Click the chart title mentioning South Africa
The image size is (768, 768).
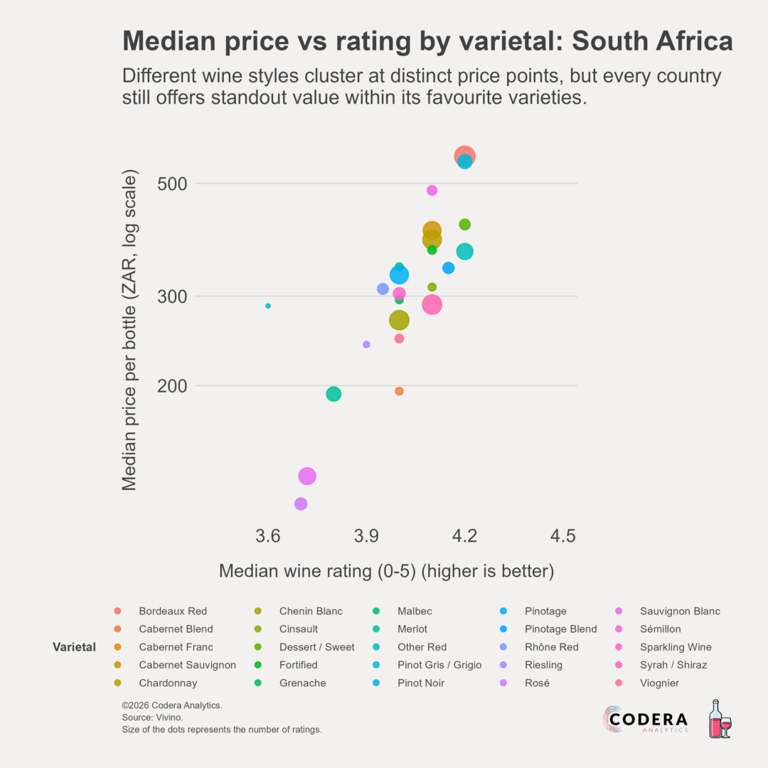427,41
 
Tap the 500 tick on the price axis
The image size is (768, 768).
171,183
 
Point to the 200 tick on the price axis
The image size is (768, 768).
171,386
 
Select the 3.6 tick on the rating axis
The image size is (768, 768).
268,535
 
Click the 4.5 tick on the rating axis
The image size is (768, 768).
562,535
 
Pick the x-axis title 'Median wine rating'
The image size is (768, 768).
386,571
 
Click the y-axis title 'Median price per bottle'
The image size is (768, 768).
129,330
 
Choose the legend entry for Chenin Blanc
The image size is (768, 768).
311,611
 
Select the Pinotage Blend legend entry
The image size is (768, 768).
560,629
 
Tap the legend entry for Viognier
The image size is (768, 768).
659,683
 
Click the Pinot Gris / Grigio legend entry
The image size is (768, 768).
439,665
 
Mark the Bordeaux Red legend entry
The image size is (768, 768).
173,611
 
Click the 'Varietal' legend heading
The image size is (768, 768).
74,647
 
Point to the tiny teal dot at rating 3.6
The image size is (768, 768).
268,306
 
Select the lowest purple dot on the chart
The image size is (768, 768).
301,503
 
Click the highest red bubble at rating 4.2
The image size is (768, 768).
465,156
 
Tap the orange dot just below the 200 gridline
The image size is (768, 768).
399,391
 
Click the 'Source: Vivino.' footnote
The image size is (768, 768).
152,718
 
